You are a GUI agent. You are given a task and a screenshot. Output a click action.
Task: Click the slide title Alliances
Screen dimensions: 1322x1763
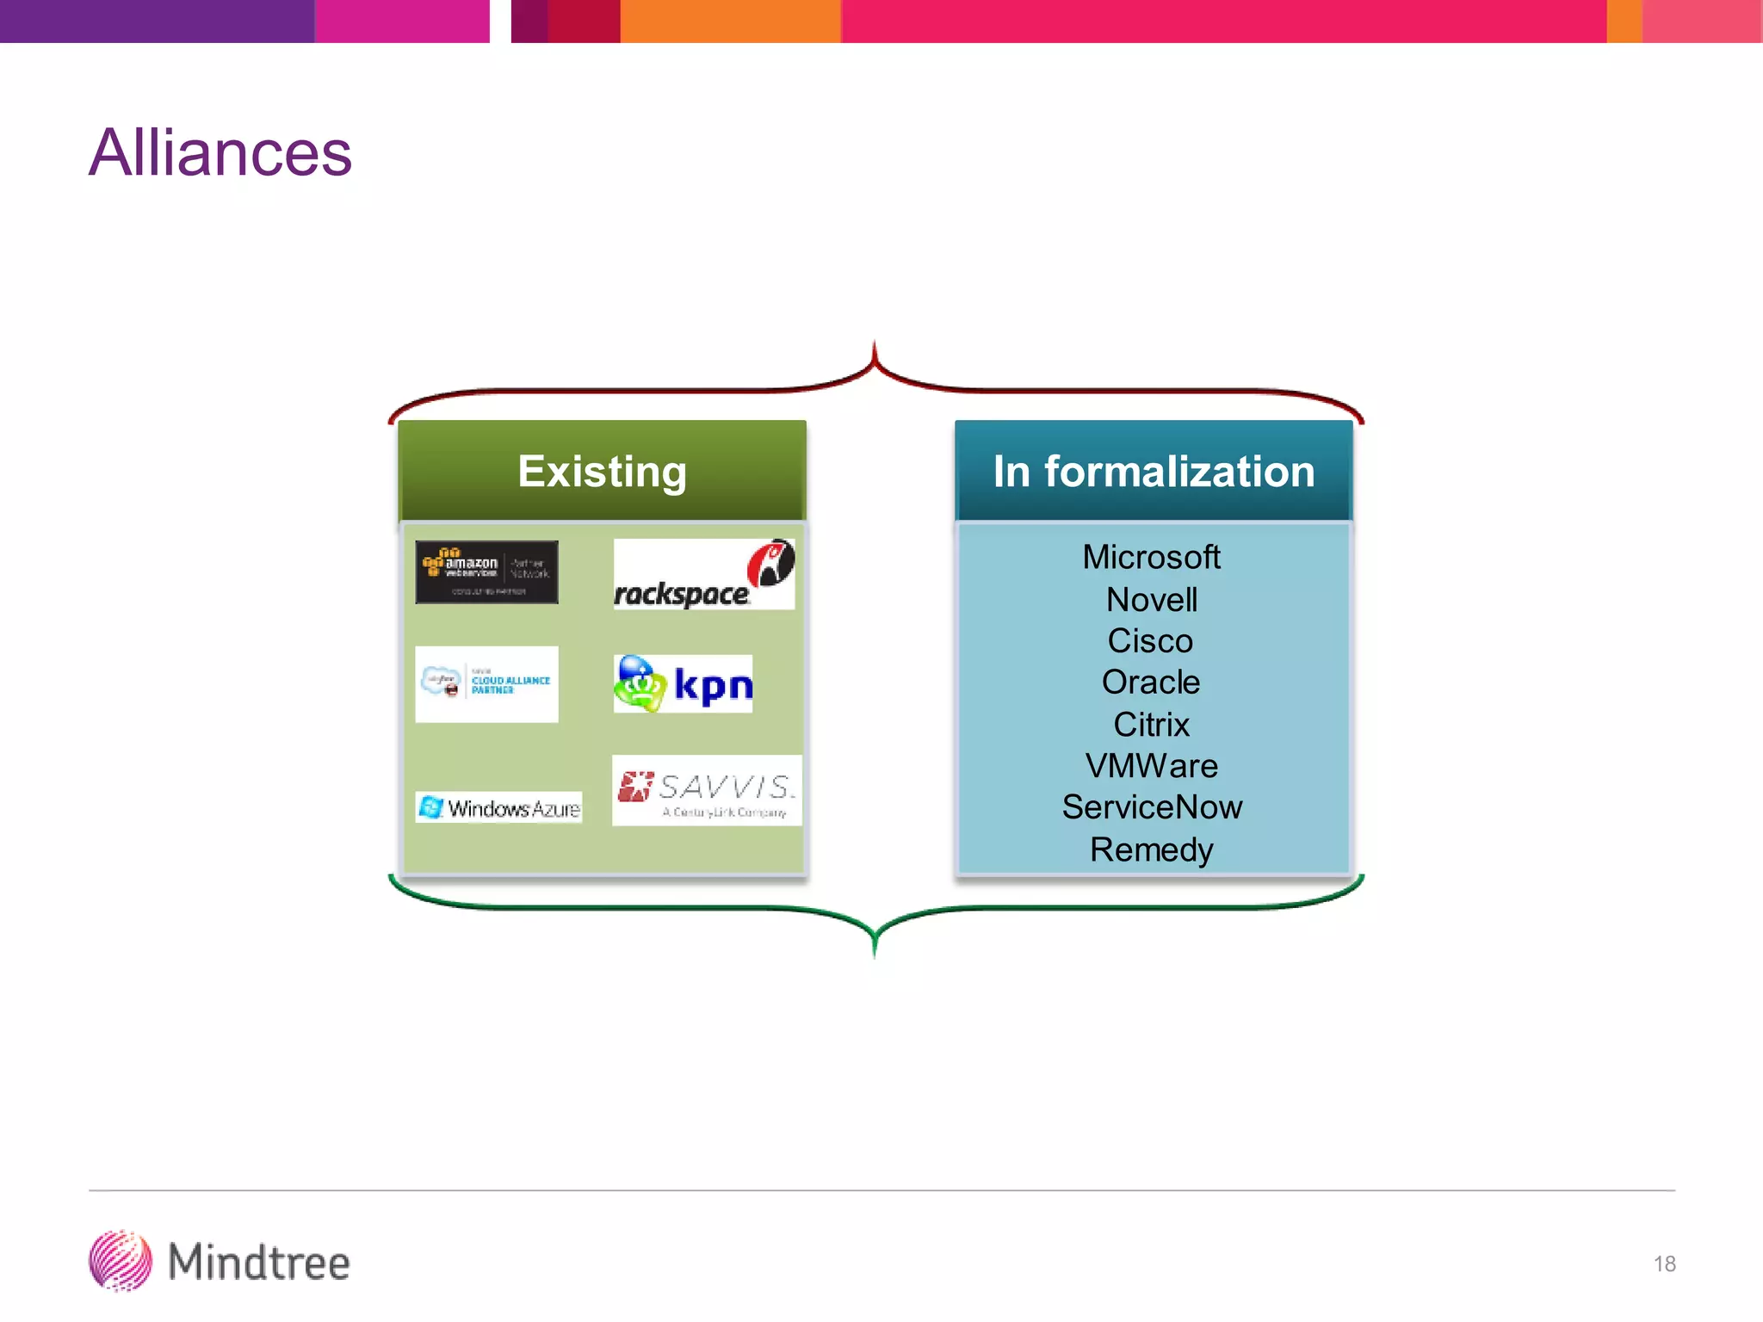(x=220, y=153)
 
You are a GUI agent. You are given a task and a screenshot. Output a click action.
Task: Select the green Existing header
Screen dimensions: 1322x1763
(x=602, y=471)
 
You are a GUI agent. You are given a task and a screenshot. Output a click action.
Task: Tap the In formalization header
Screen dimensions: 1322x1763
(x=1154, y=471)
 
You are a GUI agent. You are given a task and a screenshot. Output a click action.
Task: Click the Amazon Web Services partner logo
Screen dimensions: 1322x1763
(x=486, y=572)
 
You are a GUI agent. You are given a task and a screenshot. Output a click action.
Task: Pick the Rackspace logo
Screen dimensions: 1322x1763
(x=703, y=575)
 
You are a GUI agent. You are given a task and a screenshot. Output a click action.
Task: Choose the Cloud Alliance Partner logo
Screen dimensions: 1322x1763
(x=486, y=684)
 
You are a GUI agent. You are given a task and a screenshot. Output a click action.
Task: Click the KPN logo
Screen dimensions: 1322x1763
(x=683, y=684)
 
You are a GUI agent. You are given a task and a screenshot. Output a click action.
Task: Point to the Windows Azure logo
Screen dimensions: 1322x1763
(x=498, y=807)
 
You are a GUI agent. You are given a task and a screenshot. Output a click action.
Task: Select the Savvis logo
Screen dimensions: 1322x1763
(x=706, y=791)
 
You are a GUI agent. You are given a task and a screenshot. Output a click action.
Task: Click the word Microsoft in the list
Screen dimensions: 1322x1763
(x=1151, y=557)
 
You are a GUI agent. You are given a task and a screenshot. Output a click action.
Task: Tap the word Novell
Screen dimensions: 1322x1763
(x=1151, y=600)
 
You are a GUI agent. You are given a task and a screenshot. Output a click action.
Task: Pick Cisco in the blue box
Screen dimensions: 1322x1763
(x=1150, y=641)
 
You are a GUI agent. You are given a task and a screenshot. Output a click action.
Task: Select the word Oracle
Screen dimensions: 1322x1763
(x=1151, y=683)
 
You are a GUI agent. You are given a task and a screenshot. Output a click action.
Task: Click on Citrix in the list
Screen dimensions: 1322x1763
(x=1151, y=725)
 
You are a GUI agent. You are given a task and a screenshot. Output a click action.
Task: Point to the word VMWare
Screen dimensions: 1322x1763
(x=1151, y=766)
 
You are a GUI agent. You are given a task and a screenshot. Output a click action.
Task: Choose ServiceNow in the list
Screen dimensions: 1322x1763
(x=1152, y=807)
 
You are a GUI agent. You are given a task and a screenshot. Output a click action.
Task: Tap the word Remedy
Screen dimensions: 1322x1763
(x=1151, y=849)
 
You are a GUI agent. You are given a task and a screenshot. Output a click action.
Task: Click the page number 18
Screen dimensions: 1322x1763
(x=1664, y=1263)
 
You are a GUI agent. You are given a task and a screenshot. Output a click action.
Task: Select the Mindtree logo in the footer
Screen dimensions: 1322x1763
(x=220, y=1262)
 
